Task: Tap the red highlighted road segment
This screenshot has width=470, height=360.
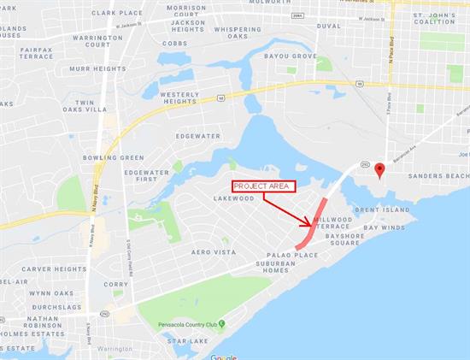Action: [314, 223]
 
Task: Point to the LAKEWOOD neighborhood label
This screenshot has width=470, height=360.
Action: [234, 198]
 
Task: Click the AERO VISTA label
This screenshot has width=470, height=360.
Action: [213, 252]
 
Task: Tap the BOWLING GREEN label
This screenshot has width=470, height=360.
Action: [113, 158]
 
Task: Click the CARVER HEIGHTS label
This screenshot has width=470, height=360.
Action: [54, 269]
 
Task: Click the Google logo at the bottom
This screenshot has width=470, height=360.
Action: [223, 357]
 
